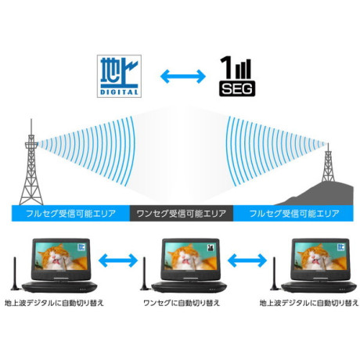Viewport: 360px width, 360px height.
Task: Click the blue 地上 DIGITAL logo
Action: pyautogui.click(x=119, y=76)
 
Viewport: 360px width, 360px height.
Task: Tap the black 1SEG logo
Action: pyautogui.click(x=237, y=77)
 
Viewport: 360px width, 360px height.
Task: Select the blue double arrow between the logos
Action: pyautogui.click(x=182, y=77)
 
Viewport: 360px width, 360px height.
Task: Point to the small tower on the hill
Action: pyautogui.click(x=328, y=164)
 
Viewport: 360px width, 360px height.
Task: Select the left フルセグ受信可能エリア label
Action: pyautogui.click(x=70, y=214)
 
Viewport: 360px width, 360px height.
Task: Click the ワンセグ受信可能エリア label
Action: pyautogui.click(x=182, y=214)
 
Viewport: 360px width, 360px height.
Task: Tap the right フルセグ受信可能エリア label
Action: pyautogui.click(x=294, y=214)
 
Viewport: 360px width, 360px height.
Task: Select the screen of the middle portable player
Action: pyautogui.click(x=191, y=256)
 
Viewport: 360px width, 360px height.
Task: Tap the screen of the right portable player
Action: pyautogui.click(x=321, y=256)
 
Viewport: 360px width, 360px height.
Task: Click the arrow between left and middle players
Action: pyautogui.click(x=118, y=260)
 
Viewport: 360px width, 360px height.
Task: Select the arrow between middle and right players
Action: pyautogui.click(x=247, y=260)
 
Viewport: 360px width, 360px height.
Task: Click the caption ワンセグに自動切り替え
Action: pyautogui.click(x=182, y=303)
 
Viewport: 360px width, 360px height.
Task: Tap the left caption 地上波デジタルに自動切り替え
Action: pyautogui.click(x=54, y=303)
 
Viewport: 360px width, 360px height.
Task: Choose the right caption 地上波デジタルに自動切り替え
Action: pyautogui.click(x=309, y=303)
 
